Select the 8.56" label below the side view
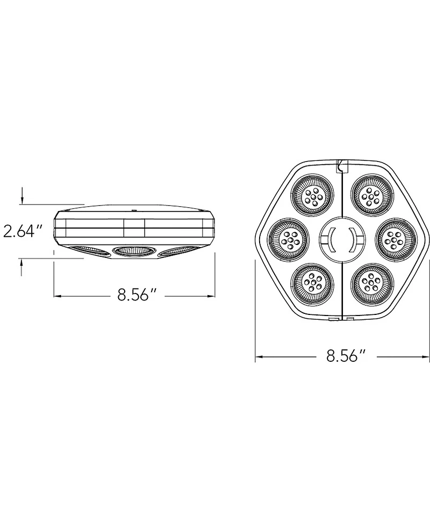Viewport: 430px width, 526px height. (x=137, y=296)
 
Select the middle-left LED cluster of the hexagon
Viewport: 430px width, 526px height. (x=287, y=238)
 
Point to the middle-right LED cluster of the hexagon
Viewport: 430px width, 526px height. (x=396, y=238)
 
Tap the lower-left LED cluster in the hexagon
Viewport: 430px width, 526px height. (x=312, y=282)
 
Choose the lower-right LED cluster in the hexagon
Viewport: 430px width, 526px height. (x=371, y=282)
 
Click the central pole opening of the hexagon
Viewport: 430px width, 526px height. (x=342, y=238)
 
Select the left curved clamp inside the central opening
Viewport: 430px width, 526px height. (x=331, y=238)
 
